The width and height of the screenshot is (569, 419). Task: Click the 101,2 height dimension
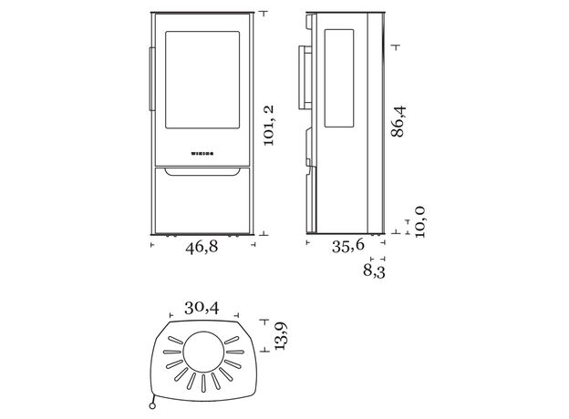pos(269,126)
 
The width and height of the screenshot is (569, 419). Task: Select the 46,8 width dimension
pos(202,247)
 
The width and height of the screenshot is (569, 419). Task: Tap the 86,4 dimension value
pos(398,121)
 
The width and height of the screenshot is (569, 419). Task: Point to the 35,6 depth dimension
pos(348,246)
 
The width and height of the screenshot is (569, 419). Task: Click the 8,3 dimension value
pos(374,271)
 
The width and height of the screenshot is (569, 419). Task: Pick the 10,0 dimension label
pos(419,222)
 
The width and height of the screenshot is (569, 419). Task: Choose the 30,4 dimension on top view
pos(202,308)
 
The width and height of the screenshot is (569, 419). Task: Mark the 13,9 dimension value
pos(281,335)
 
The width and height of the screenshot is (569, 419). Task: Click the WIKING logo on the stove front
pos(202,154)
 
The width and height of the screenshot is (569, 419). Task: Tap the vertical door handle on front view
pos(151,78)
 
